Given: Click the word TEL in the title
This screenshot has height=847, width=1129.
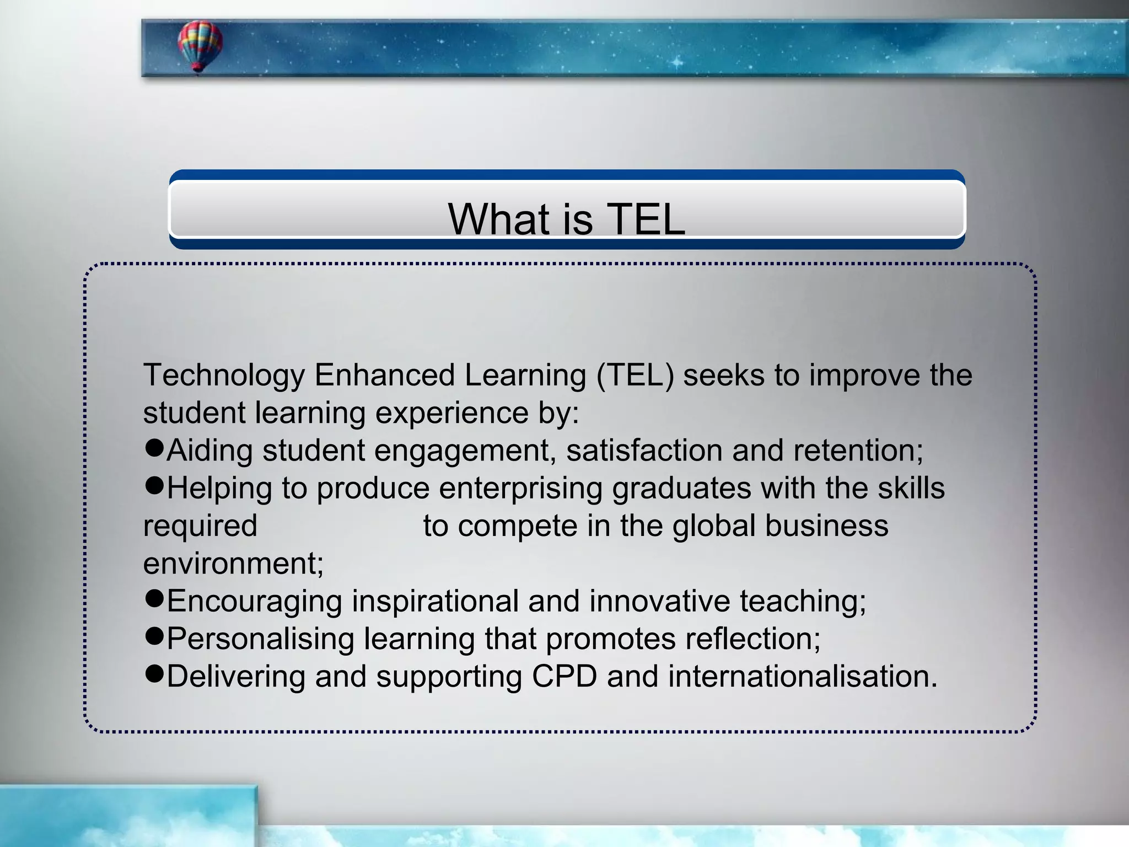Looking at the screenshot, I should coord(646,219).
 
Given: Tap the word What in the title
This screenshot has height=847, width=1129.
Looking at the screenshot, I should coord(499,219).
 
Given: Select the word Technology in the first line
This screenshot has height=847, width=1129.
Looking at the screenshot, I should coord(224,376).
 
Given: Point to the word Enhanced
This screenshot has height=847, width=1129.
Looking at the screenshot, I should coord(384,376).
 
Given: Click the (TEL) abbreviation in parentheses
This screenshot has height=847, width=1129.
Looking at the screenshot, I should coord(635,376).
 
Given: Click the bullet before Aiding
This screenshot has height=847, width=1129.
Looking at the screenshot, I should coord(154,448).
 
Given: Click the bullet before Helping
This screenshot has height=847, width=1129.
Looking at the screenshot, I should coord(154,486).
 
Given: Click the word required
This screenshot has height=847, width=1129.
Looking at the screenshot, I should coord(200,527).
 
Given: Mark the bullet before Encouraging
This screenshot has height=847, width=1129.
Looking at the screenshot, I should coord(154,599).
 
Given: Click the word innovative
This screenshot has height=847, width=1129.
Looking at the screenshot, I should coord(660,601).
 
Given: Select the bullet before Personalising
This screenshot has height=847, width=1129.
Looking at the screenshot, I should coord(154,636).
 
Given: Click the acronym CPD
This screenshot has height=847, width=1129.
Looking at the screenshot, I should coord(564,677).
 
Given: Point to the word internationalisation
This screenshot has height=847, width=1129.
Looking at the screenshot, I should coord(803,677).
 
